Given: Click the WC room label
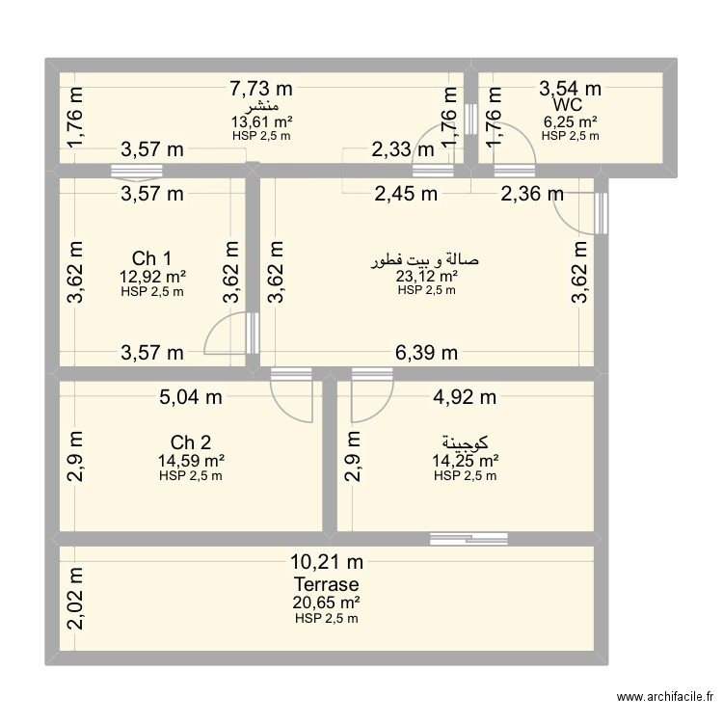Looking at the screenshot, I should click(x=567, y=104).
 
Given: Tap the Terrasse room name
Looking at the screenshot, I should click(x=327, y=585).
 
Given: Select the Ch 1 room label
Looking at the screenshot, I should click(x=152, y=258).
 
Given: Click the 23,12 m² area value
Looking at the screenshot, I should click(x=426, y=276).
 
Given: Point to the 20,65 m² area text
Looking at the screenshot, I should click(x=327, y=602).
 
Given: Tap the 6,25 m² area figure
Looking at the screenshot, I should click(x=570, y=121).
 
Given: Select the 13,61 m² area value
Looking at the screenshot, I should click(x=261, y=121).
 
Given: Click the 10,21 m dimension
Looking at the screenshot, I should click(x=327, y=563).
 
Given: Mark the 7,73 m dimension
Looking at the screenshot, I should click(x=260, y=89).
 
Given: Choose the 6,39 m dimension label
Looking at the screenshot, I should click(x=425, y=353).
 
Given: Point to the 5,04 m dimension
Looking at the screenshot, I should click(x=190, y=396).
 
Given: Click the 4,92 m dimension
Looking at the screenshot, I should click(x=465, y=396).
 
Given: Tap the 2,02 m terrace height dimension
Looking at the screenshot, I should click(x=76, y=598).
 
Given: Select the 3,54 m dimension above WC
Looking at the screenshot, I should click(x=570, y=89).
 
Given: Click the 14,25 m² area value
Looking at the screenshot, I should click(x=465, y=461).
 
